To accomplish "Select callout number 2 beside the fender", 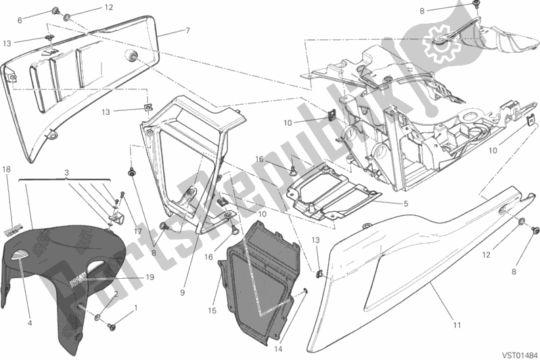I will [116, 294].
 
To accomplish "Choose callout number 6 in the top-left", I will [20, 21].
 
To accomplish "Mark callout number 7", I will [187, 30].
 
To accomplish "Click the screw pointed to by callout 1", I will [110, 322].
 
